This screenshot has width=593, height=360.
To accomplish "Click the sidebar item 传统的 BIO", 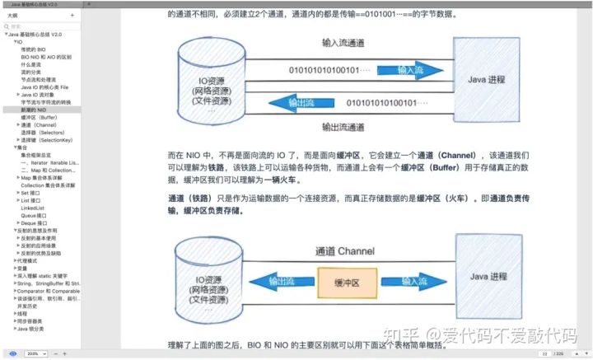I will [x=34, y=49].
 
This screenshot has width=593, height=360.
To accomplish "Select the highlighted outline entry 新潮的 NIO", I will [x=35, y=109].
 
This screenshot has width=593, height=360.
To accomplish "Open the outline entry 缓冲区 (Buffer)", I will [x=40, y=117].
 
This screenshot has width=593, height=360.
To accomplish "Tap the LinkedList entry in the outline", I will [x=33, y=208].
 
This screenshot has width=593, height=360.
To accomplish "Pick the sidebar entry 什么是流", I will [x=31, y=64].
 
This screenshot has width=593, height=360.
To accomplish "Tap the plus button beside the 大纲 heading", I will [x=72, y=16].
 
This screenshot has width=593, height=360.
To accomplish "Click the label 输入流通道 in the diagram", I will [x=342, y=42].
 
